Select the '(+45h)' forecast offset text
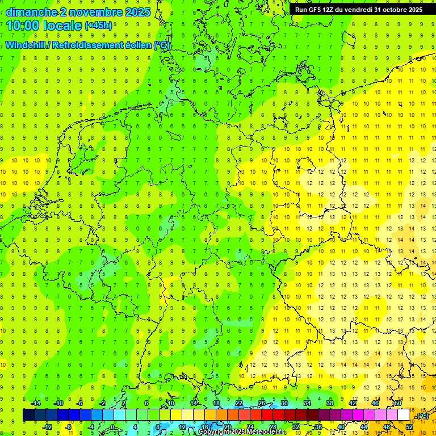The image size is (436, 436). coord(98,26)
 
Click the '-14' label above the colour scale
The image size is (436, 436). coord(36,403)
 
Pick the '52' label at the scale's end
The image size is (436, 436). coord(409,427)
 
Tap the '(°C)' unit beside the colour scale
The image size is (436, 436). coord(422,416)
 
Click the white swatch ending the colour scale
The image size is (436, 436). coord(403,415)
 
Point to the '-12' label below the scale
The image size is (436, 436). coord(47,427)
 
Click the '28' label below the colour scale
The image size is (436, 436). coord(273,427)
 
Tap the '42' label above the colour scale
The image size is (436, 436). coord(352,403)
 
